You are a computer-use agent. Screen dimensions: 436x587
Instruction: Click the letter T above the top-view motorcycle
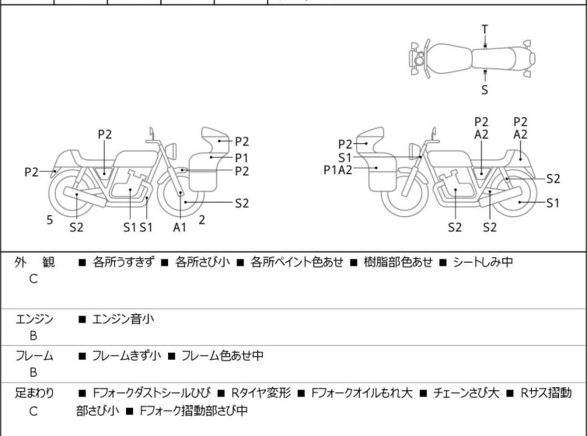(484, 30)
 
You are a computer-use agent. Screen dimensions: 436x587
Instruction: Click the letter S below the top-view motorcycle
(484, 89)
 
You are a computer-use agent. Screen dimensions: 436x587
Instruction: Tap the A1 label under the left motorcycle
(180, 227)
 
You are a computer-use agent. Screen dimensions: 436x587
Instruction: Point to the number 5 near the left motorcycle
(50, 221)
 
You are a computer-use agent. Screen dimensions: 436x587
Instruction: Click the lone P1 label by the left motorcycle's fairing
(242, 156)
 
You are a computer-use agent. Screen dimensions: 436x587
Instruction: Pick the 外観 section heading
(34, 263)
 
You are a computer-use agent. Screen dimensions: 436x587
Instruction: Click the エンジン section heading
(34, 318)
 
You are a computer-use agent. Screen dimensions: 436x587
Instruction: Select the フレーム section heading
(34, 356)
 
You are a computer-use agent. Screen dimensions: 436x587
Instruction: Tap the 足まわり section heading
(34, 394)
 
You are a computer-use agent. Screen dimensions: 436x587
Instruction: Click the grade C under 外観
(33, 279)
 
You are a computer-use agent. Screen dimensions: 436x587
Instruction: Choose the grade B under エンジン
(33, 335)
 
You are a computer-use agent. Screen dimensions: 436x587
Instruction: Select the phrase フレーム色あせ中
(222, 356)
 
